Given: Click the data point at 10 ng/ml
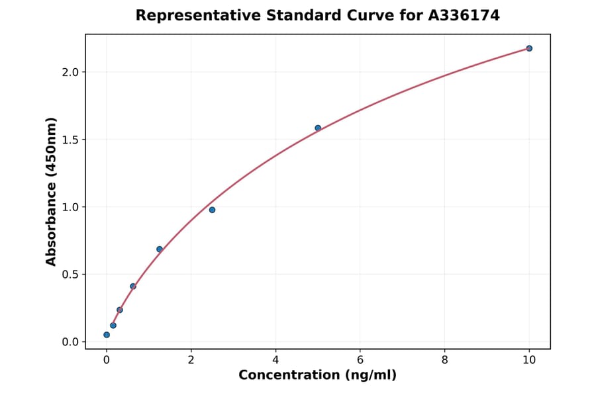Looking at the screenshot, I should coord(529,48).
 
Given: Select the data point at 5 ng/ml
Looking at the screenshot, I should coord(318,128).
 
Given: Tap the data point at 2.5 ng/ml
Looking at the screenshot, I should coord(212,210).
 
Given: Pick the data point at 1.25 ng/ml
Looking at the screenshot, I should coord(160,249).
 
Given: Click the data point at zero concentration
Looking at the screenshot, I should coord(107,335).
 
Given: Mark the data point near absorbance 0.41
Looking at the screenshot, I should coord(133,286).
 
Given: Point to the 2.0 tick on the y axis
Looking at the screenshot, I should coord(71,72).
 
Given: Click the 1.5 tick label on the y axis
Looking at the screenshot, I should coord(71,140).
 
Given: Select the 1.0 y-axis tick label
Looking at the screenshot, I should coord(71,207).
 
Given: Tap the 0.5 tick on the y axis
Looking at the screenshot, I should coord(71,275).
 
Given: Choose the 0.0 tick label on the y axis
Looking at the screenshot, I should coord(71,342).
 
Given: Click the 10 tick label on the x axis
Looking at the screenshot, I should coord(529,361).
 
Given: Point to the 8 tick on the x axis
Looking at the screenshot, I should coord(444,361).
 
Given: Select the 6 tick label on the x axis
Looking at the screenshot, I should coord(360,361).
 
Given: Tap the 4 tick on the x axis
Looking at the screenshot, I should coord(275,361).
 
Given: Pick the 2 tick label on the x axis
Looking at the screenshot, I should coord(191,361).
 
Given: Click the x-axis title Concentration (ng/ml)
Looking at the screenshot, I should coord(317,376).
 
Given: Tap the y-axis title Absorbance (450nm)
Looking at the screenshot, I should coord(51,191).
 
